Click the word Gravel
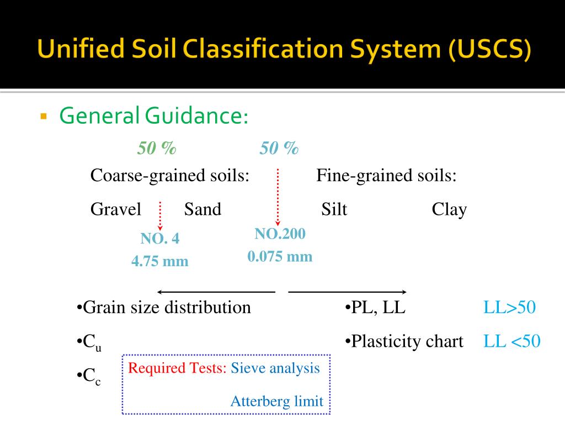point(116,209)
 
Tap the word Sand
point(202,209)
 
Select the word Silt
point(334,209)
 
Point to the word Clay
point(449,210)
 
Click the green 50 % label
point(157,148)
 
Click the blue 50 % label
point(279,148)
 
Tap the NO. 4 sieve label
point(159,239)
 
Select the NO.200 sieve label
point(280,234)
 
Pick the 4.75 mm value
point(159,261)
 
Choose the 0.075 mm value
point(280,256)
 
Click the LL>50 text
point(509,308)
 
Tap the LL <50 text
point(511,341)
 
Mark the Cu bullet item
point(89,342)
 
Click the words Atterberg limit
point(277,401)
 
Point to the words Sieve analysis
point(275,368)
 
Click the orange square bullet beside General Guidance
point(44,116)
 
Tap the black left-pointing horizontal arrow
point(216,291)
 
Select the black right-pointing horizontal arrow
point(348,291)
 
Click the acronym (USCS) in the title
point(490,49)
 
